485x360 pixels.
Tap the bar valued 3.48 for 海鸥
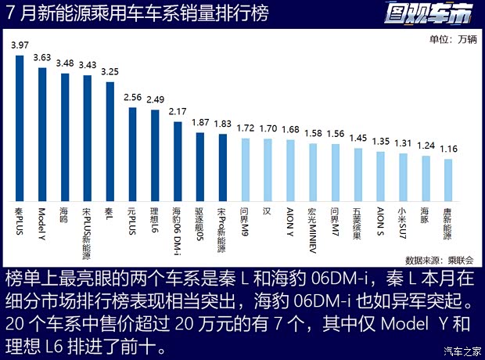(65, 138)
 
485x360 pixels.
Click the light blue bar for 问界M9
(245, 170)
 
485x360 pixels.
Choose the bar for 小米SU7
(404, 177)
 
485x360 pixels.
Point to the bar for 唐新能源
(448, 180)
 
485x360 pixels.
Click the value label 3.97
(20, 46)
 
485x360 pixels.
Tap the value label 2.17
(178, 111)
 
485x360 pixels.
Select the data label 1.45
(358, 138)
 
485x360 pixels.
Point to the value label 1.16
(448, 148)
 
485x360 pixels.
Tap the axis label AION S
(381, 221)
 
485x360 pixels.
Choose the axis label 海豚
(426, 215)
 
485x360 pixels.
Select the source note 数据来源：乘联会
(434, 259)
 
